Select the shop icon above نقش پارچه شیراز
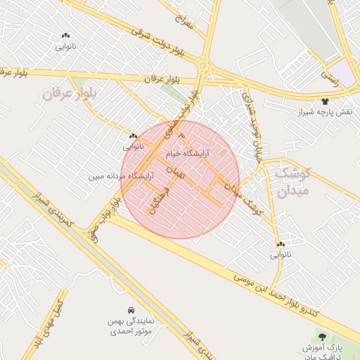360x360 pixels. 325,101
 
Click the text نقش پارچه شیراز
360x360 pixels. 328,112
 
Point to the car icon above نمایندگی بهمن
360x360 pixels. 131,309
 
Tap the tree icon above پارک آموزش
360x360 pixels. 323,337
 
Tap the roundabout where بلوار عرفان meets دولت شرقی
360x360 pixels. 202,65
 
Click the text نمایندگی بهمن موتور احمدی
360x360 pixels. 132,326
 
